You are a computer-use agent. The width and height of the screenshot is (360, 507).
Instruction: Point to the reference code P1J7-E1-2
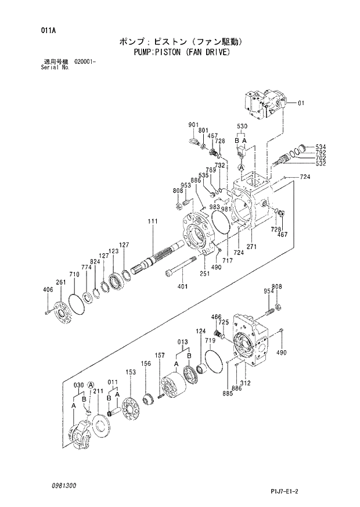tap(286, 491)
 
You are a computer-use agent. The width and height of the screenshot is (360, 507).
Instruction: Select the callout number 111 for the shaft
tap(153, 221)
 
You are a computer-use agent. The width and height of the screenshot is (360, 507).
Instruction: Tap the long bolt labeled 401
tap(179, 270)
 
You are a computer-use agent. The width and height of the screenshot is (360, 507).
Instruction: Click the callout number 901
tap(193, 125)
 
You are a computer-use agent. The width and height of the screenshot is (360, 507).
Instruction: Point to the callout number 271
tap(251, 247)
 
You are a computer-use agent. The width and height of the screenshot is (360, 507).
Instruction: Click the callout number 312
tap(245, 383)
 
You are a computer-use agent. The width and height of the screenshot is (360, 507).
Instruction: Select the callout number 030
tap(78, 385)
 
